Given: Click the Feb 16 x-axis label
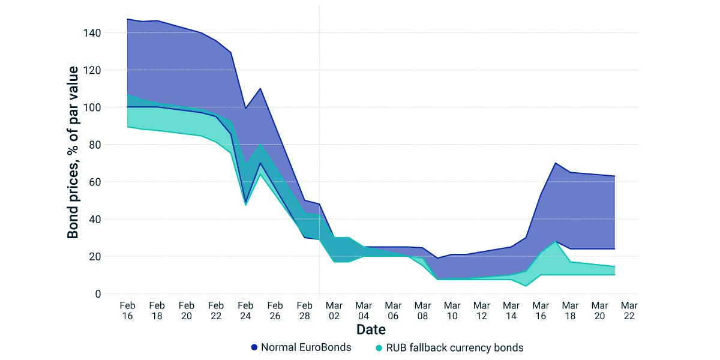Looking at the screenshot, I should [127, 310].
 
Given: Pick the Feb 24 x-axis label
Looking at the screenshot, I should [245, 310].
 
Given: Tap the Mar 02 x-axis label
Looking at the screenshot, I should [334, 310].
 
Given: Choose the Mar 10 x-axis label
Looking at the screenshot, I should [452, 310].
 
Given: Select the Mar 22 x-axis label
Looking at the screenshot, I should [629, 310].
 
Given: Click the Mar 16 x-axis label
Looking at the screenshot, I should [541, 310].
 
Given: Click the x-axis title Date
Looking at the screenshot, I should [371, 329].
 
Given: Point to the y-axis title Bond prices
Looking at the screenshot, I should [73, 152].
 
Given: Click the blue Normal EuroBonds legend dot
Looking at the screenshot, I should [254, 347].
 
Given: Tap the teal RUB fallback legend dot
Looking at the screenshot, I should [379, 347].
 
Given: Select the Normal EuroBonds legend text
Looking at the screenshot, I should [306, 347].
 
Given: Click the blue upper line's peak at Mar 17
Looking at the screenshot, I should [556, 163].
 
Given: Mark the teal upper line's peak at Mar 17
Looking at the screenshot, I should [556, 241].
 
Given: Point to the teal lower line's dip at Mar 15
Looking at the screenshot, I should [526, 286].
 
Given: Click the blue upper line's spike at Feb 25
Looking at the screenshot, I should [260, 88].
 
